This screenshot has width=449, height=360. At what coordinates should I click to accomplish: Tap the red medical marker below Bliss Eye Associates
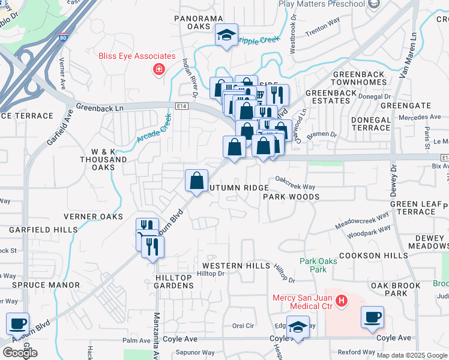tap(158, 70)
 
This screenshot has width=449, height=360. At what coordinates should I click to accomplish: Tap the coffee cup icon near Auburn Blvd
tap(18, 323)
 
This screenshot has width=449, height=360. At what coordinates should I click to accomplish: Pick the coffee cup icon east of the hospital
tap(372, 316)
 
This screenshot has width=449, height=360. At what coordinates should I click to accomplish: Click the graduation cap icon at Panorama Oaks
tap(227, 35)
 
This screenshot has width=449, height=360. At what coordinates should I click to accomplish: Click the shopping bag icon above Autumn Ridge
tap(196, 180)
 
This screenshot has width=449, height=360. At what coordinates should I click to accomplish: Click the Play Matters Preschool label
tap(322, 4)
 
